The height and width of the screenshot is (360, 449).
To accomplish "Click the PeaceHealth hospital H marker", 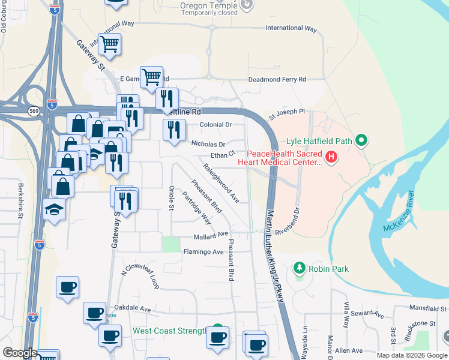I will pyautogui.click(x=331, y=158).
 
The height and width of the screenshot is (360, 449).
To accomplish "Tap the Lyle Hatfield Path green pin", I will pyautogui.click(x=361, y=141).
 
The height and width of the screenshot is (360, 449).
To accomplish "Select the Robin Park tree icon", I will pyautogui.click(x=300, y=268).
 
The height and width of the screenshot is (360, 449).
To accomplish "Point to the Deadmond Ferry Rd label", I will pyautogui.click(x=277, y=79).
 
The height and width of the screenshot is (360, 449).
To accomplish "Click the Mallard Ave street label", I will pyautogui.click(x=211, y=235).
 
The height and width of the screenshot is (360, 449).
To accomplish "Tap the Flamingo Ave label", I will pyautogui.click(x=203, y=252).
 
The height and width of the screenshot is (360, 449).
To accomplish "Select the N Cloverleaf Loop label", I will pyautogui.click(x=140, y=277).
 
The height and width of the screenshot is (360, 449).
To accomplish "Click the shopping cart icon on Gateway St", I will pyautogui.click(x=110, y=43).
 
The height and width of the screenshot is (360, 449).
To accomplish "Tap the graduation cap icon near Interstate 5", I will pyautogui.click(x=55, y=209).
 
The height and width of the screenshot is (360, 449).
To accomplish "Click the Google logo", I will pyautogui.click(x=20, y=353).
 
